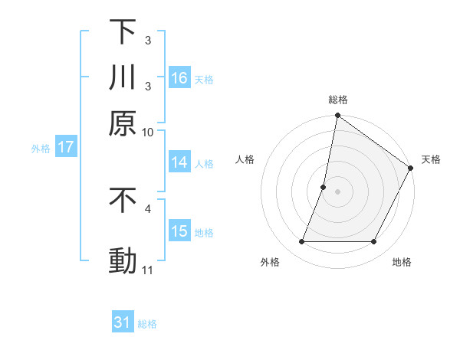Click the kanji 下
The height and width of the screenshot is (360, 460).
coord(123,33)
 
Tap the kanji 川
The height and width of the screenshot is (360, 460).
coord(123,77)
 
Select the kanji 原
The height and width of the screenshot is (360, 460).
coord(123,123)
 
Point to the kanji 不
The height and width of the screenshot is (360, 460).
coord(123,201)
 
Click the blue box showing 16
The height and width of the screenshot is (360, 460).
coord(180,78)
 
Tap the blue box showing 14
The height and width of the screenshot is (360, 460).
coord(180,162)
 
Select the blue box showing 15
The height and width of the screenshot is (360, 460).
coord(180,231)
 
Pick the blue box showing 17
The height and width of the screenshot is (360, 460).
coord(65,148)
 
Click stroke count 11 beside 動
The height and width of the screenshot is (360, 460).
coord(147,270)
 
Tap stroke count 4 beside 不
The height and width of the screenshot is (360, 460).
coord(147,208)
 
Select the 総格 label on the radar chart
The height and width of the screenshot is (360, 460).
coord(338,100)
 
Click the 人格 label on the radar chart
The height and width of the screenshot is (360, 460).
coord(245,159)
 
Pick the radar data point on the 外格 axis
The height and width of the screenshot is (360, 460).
coord(301,242)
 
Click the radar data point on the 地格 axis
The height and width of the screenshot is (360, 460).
coord(374,242)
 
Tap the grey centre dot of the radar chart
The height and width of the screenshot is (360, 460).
coord(337,191)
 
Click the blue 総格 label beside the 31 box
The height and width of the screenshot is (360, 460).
coord(147,324)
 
